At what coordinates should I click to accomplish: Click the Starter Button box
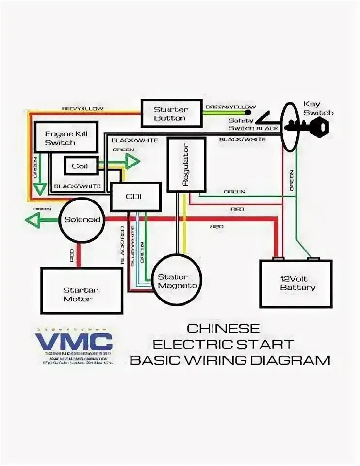pyautogui.click(x=170, y=113)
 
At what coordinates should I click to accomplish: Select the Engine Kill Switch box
pyautogui.click(x=65, y=138)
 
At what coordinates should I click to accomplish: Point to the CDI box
pyautogui.click(x=136, y=196)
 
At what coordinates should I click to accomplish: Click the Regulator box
pyautogui.click(x=187, y=164)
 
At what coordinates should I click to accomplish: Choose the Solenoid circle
pyautogui.click(x=82, y=220)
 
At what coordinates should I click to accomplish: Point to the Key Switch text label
pyautogui.click(x=318, y=108)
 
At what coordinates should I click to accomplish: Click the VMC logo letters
pyautogui.click(x=73, y=341)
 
